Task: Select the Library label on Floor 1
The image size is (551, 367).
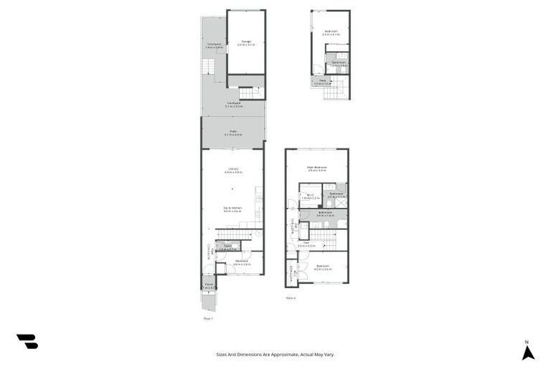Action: tap(232, 170)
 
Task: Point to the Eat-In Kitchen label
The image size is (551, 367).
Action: tap(232, 209)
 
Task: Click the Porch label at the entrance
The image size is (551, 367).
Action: tap(209, 285)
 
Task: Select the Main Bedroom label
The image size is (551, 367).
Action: tap(316, 168)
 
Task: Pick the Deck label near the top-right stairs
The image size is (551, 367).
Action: tap(323, 82)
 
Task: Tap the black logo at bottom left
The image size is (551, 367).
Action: tap(27, 342)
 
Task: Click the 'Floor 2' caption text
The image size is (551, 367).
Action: tap(291, 297)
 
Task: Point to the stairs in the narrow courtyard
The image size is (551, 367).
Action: tap(207, 67)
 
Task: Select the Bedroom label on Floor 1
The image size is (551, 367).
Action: tap(241, 262)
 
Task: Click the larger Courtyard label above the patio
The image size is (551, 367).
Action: tap(233, 104)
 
